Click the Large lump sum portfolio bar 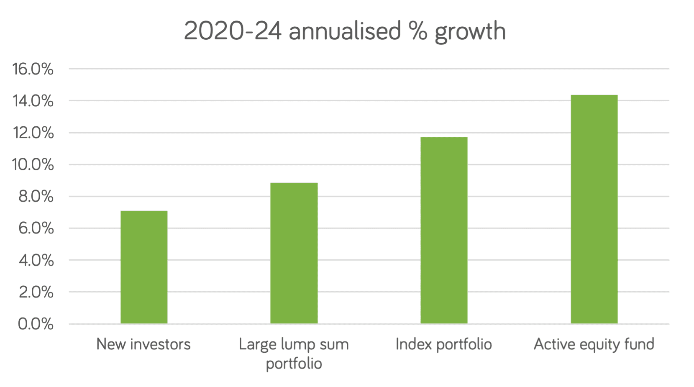click(294, 253)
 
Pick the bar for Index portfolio click(444, 230)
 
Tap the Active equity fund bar click(594, 209)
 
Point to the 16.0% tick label click(33, 69)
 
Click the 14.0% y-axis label click(33, 101)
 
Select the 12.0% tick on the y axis click(33, 133)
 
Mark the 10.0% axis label click(33, 165)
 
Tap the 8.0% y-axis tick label click(36, 197)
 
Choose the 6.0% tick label click(36, 228)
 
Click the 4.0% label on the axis click(36, 260)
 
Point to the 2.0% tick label click(36, 292)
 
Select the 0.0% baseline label click(36, 324)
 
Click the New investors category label click(143, 344)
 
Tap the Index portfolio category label click(443, 344)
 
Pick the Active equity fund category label click(594, 345)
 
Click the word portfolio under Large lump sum click(294, 364)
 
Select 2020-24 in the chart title click(233, 31)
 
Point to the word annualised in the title click(345, 31)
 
